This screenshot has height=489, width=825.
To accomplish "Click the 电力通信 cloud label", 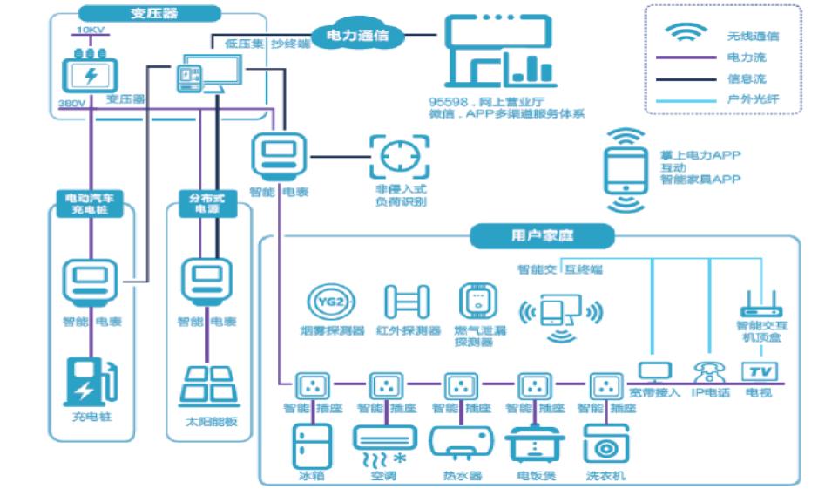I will pyautogui.click(x=356, y=36).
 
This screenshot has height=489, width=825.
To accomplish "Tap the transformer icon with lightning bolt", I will pyautogui.click(x=90, y=73).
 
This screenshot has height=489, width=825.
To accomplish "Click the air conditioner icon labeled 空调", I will pyautogui.click(x=382, y=442).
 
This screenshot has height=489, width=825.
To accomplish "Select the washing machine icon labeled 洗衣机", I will pyautogui.click(x=605, y=445).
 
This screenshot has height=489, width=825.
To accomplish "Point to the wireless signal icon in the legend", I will pyautogui.click(x=686, y=33).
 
